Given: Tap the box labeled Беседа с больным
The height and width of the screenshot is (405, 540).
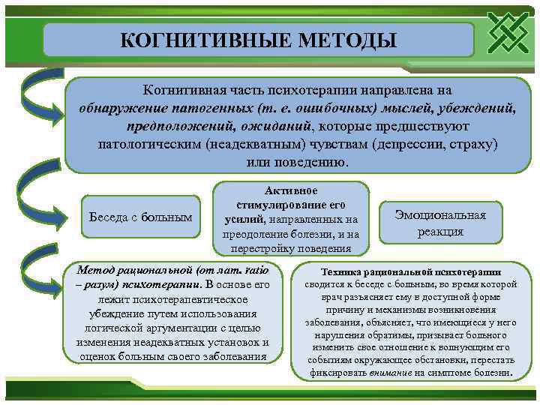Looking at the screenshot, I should [x=140, y=217].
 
